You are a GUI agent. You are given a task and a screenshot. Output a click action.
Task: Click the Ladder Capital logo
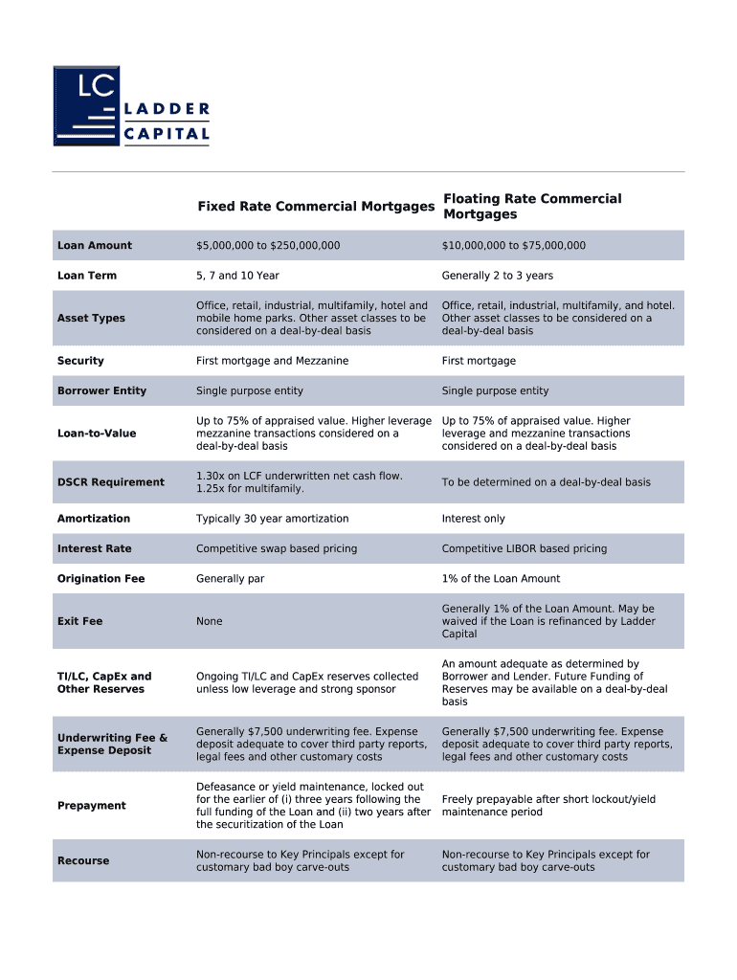coord(131,106)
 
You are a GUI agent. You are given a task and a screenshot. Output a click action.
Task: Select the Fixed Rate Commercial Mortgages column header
coord(315,207)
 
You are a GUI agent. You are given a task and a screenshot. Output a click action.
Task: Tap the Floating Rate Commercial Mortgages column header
coord(531,207)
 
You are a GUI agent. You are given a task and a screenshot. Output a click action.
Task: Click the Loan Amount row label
coord(95,246)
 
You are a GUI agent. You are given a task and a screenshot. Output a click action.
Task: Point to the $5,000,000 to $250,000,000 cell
coord(268,246)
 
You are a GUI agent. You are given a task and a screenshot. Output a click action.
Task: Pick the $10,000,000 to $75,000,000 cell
coord(513,246)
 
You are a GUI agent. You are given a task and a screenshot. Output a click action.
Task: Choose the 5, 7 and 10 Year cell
coord(237,276)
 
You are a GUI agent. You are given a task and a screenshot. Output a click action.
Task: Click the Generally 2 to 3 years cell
coord(497,276)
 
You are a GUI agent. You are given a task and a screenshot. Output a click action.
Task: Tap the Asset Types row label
coord(91,319)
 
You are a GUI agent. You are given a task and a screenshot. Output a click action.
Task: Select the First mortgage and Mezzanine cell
coord(272,361)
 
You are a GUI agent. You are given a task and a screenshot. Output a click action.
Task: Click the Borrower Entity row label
coord(101,390)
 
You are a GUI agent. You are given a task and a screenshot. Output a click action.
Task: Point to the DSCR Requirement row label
coord(110,482)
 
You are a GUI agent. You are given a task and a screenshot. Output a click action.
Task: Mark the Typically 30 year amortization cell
coord(272,519)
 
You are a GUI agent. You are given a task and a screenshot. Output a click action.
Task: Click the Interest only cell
coord(473,519)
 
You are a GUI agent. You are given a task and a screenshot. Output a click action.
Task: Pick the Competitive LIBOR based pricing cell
coord(524,548)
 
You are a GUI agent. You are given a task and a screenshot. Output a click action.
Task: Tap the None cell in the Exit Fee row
coord(209,621)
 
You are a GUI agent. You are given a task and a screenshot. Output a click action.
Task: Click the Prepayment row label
coord(91,806)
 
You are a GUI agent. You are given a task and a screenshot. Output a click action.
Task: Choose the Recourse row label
coord(83,861)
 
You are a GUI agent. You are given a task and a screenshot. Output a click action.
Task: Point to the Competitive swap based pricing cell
coord(276,548)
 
